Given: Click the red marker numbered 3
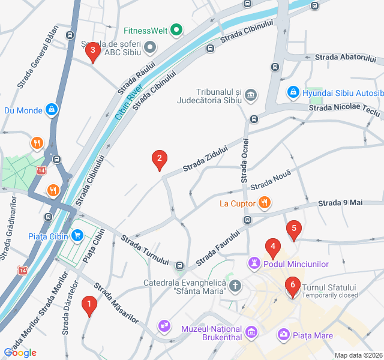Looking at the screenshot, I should click(92, 52).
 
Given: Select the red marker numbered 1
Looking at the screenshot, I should click(89, 306).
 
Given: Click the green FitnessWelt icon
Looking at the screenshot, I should click(176, 29).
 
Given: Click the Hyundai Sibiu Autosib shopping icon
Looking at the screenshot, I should click(293, 93).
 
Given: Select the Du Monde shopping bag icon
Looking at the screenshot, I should click(52, 110).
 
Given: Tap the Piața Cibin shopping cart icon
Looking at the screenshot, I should click(77, 235).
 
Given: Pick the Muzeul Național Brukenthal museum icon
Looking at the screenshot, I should click(251, 331).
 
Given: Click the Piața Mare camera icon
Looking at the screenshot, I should click(283, 334).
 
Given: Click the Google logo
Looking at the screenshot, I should click(20, 353).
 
